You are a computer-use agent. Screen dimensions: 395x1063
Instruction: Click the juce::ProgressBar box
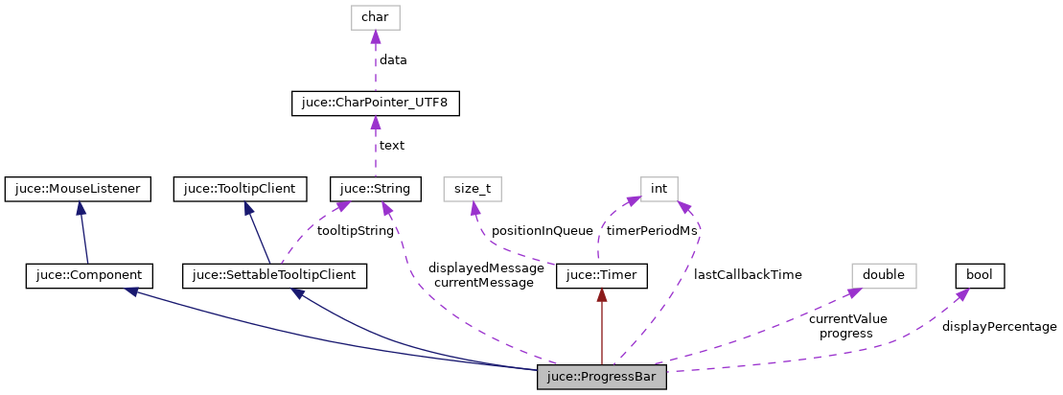(601, 377)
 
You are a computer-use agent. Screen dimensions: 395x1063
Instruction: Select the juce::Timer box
(602, 276)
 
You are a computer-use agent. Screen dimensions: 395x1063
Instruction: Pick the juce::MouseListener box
(78, 189)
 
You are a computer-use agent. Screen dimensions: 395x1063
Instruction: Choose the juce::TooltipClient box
(240, 189)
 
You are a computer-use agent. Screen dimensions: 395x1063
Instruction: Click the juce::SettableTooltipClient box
(274, 276)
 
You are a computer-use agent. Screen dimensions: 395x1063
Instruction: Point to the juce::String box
(375, 189)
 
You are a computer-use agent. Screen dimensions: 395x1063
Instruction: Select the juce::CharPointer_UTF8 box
(376, 103)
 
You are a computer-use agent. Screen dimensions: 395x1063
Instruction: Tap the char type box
(375, 16)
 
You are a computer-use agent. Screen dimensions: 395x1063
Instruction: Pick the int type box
(659, 189)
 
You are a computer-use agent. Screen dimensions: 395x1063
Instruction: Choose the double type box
(884, 276)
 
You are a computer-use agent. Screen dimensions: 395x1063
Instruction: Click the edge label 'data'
(393, 59)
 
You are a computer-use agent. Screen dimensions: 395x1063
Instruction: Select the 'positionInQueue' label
(543, 231)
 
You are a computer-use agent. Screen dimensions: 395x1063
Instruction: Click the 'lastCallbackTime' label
(748, 274)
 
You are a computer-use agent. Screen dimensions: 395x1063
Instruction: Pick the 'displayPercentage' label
(999, 327)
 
